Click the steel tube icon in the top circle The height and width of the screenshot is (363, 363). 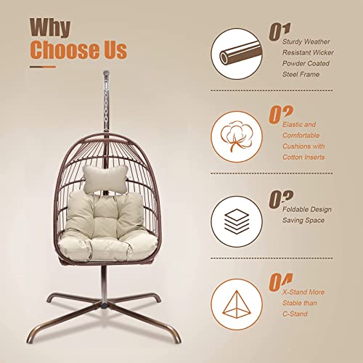[237, 52]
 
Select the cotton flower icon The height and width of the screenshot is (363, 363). [237, 134]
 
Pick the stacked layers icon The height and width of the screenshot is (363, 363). [237, 216]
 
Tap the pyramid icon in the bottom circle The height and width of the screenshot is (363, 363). [237, 298]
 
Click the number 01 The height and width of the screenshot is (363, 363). [278, 31]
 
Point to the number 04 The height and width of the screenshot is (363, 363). [279, 280]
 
